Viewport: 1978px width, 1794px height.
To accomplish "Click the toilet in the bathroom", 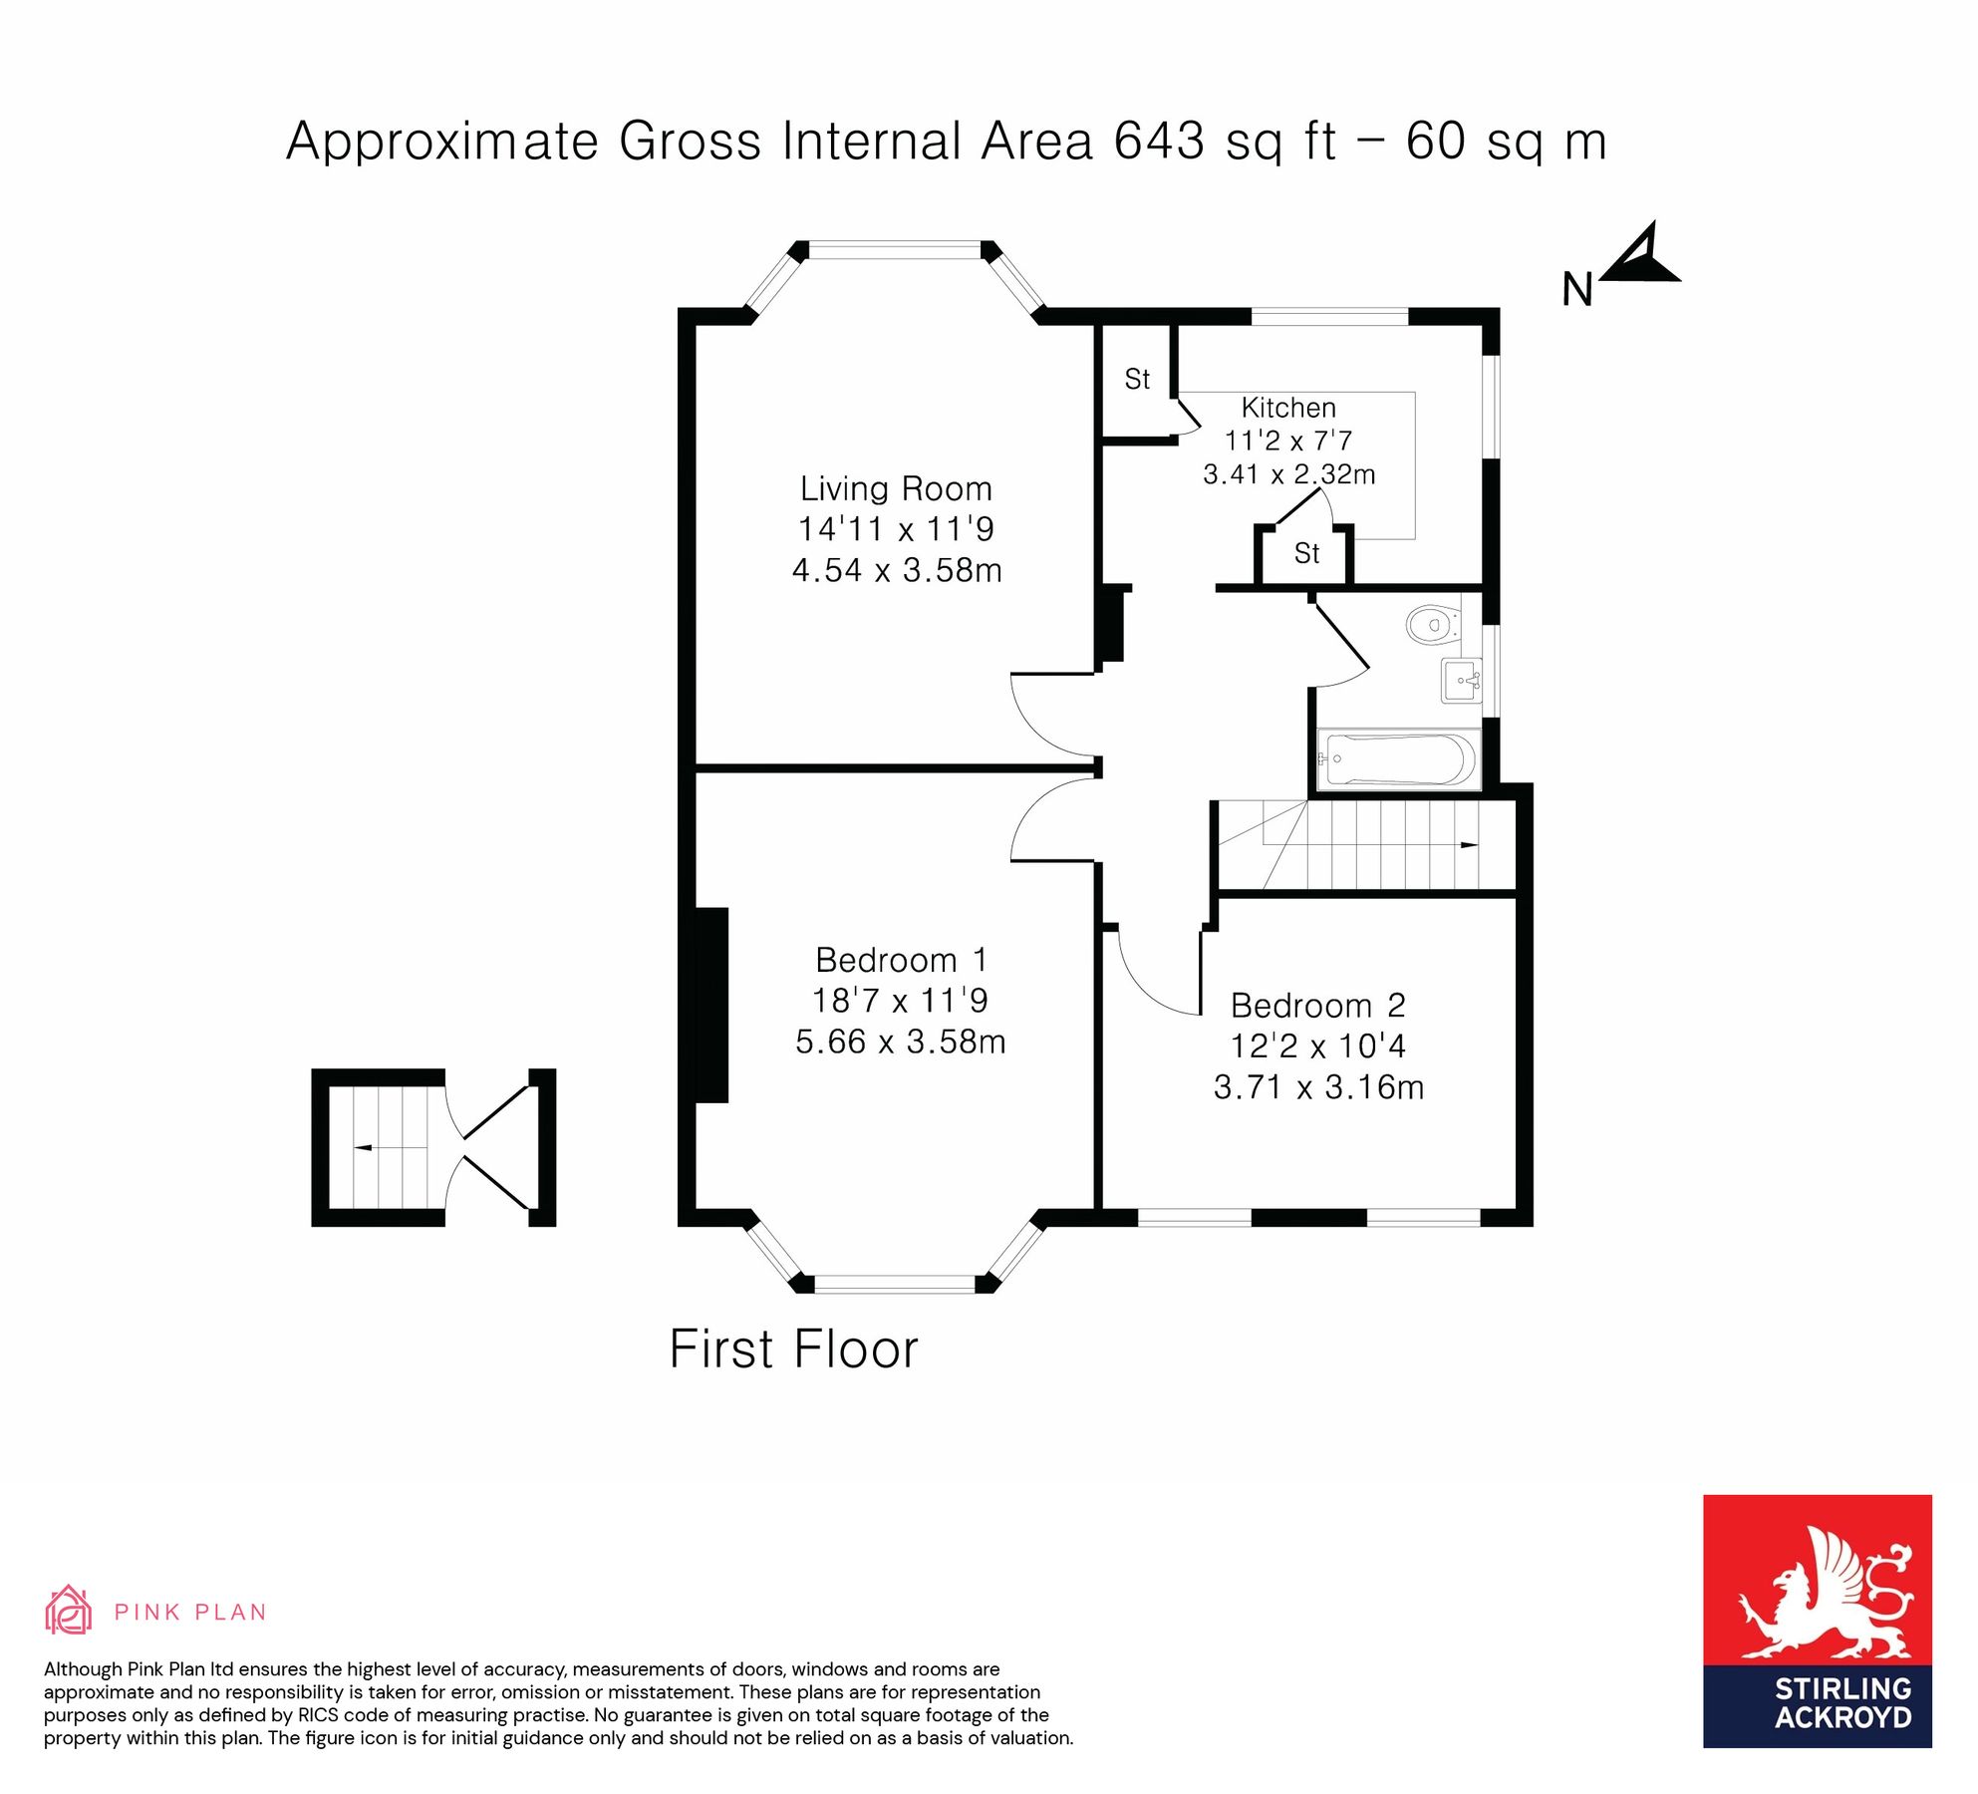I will pyautogui.click(x=1432, y=625).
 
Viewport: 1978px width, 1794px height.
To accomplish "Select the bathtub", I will pyautogui.click(x=1398, y=760).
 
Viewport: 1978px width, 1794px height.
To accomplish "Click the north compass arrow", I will pyautogui.click(x=1642, y=256).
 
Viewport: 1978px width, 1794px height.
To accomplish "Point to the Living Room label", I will pyautogui.click(x=896, y=489).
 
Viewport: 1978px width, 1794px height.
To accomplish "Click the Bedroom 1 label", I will pyautogui.click(x=901, y=960).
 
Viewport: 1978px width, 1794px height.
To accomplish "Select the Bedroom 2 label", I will pyautogui.click(x=1317, y=1006).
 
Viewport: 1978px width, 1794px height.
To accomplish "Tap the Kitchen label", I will pyautogui.click(x=1288, y=408).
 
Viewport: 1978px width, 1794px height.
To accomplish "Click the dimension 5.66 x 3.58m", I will pyautogui.click(x=900, y=1043).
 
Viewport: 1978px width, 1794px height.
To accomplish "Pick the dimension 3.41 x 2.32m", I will pyautogui.click(x=1288, y=474).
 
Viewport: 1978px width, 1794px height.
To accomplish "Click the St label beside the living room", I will pyautogui.click(x=1137, y=380).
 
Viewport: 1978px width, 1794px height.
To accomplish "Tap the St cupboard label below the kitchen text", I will pyautogui.click(x=1306, y=553).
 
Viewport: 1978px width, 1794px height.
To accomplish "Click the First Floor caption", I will pyautogui.click(x=793, y=1350).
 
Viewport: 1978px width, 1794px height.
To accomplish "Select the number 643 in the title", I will pyautogui.click(x=1159, y=141).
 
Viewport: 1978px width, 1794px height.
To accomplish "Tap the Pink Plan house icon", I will pyautogui.click(x=68, y=1612).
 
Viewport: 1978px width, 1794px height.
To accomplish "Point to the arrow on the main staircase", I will pyautogui.click(x=1468, y=845).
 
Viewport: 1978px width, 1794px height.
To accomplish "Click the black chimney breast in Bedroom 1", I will pyautogui.click(x=710, y=1005).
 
